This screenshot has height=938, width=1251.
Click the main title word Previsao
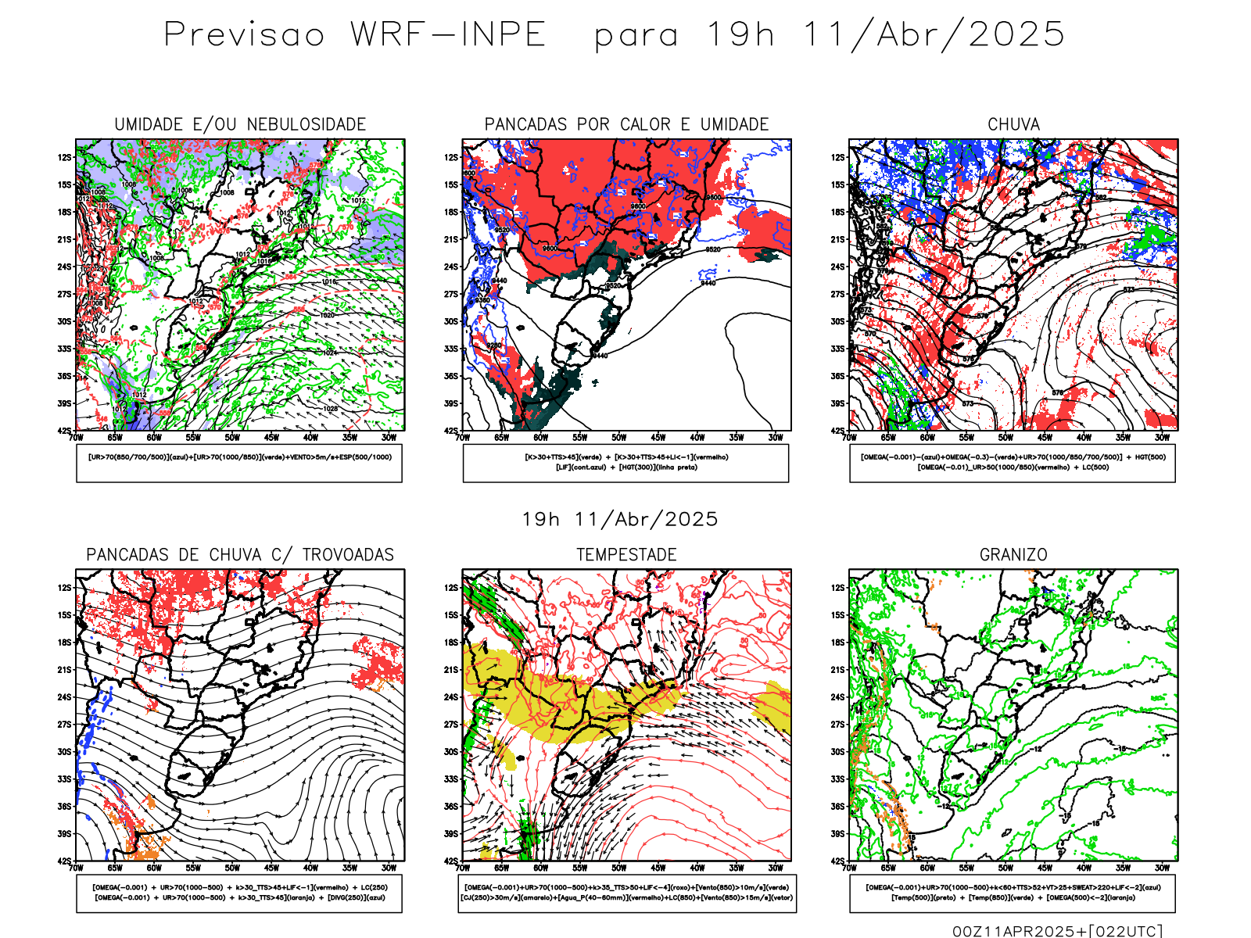point(244,35)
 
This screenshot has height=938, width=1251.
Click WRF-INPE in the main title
point(448,35)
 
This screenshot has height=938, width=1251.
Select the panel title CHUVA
point(1013,124)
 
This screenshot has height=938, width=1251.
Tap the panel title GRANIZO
point(1013,555)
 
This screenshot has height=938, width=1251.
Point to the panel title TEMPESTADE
point(626,555)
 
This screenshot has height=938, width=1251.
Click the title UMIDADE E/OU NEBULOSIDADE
point(240,124)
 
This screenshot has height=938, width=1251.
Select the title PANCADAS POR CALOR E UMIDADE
point(626,124)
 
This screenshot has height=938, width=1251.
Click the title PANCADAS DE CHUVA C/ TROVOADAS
point(240,555)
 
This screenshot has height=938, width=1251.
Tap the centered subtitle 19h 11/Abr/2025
point(620,519)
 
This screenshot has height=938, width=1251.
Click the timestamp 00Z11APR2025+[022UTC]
point(1057,930)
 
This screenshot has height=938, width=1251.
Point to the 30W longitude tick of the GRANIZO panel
point(1163,868)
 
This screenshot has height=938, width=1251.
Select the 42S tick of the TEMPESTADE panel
point(451,861)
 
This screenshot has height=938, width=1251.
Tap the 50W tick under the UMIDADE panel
point(232,438)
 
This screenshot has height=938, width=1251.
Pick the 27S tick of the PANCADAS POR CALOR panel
point(451,294)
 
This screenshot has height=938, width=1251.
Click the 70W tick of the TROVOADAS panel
point(76,868)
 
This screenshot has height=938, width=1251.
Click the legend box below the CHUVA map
point(1013,463)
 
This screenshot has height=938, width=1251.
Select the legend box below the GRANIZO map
point(1013,893)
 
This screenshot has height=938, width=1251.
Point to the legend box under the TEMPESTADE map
point(626,893)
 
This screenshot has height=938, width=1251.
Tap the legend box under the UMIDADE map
point(239,463)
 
